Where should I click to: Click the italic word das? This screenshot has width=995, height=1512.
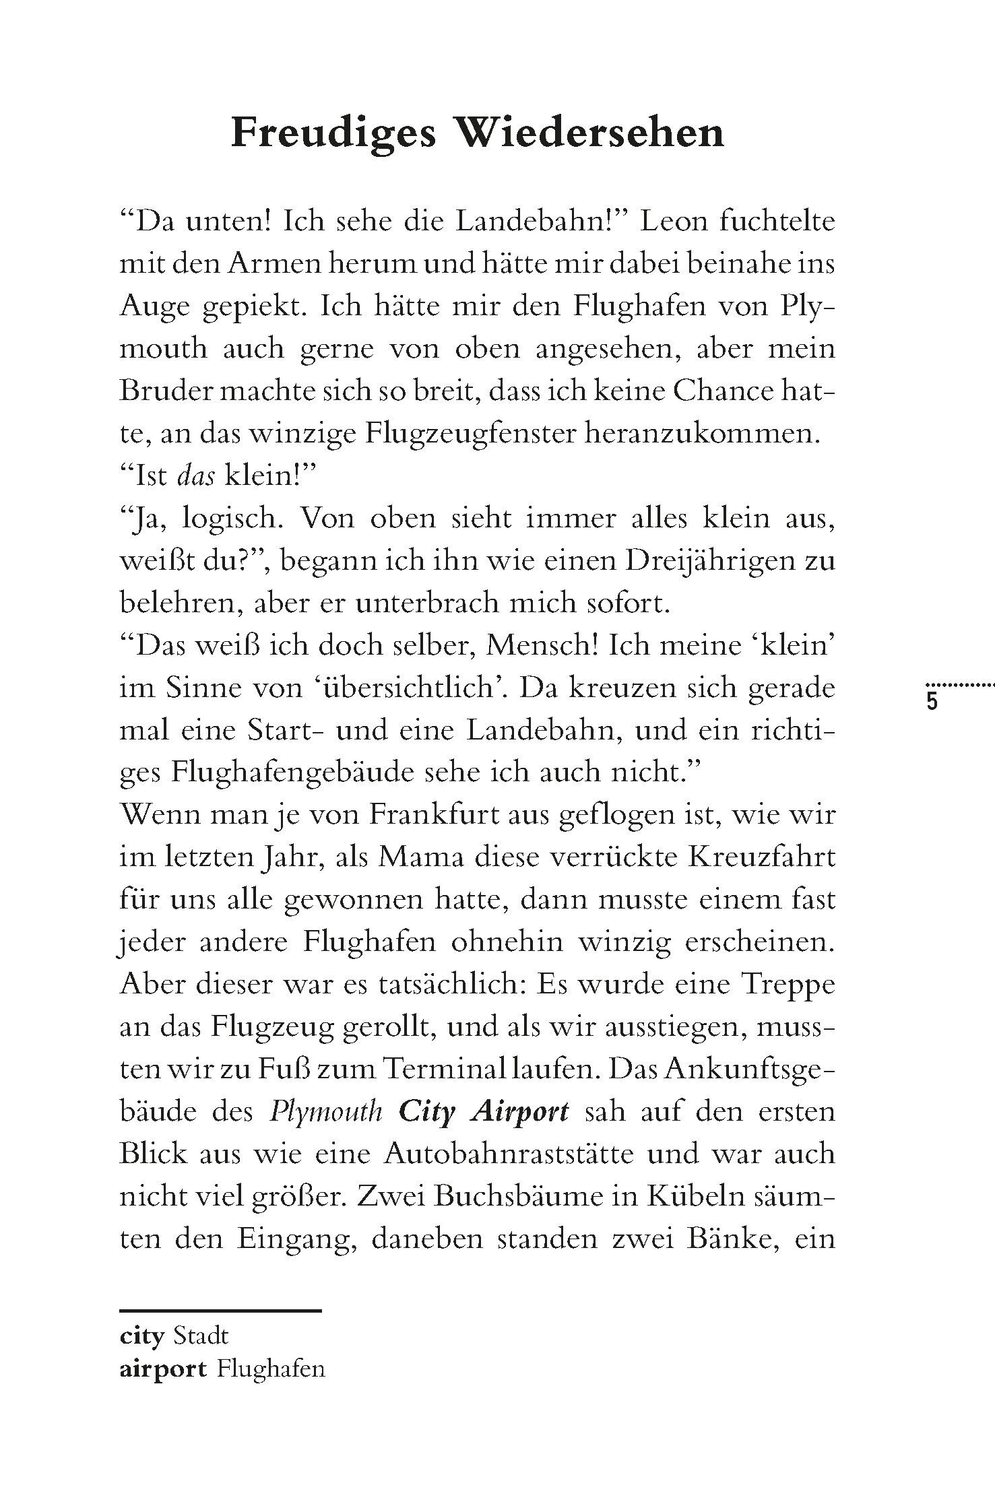pos(196,476)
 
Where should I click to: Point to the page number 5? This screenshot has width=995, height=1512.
pos(932,702)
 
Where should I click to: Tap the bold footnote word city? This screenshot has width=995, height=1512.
pos(141,1336)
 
